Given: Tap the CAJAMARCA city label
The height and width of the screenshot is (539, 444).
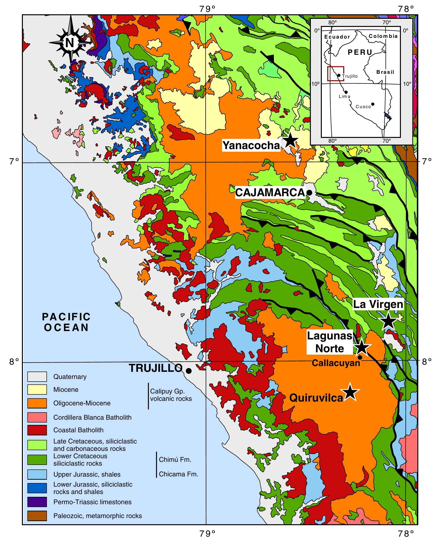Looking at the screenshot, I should [270, 192].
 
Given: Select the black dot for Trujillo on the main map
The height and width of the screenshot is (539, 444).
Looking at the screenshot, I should [189, 371].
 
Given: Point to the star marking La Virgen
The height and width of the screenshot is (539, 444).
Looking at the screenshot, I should [388, 320].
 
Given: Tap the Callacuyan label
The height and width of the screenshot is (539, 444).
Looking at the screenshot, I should [336, 363].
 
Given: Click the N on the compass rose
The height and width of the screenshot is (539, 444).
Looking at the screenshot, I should [70, 43].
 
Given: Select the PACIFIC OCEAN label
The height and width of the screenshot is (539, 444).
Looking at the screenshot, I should [66, 322].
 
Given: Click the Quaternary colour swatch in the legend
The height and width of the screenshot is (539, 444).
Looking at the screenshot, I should [37, 377].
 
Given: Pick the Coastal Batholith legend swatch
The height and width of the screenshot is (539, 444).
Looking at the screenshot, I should [37, 430].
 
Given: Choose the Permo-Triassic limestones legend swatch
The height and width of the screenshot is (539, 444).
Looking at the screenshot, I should [37, 502].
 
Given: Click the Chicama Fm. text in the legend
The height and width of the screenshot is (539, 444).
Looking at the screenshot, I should [178, 474].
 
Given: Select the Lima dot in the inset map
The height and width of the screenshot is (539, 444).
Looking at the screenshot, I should [346, 92].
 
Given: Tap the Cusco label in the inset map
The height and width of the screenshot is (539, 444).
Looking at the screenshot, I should [363, 107].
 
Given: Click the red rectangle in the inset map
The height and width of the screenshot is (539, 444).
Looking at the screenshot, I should [336, 74].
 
